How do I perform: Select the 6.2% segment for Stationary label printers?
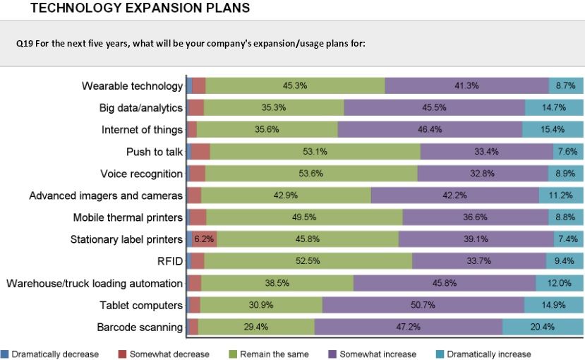204,239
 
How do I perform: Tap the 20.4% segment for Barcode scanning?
543,327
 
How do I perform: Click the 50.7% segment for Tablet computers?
423,305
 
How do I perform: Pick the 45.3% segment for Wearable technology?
294,85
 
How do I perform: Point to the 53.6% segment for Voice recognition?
310,174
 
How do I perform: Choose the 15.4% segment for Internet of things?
553,129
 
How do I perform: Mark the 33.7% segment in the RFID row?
478,261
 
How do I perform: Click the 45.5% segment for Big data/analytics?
434,107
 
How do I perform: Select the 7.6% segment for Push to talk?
568,152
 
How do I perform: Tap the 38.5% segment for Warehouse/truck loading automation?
277,283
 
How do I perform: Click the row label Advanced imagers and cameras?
106,196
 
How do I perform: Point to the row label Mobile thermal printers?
128,217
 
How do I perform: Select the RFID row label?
170,261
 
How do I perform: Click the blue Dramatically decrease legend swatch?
5,353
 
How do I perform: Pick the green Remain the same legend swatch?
234,353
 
